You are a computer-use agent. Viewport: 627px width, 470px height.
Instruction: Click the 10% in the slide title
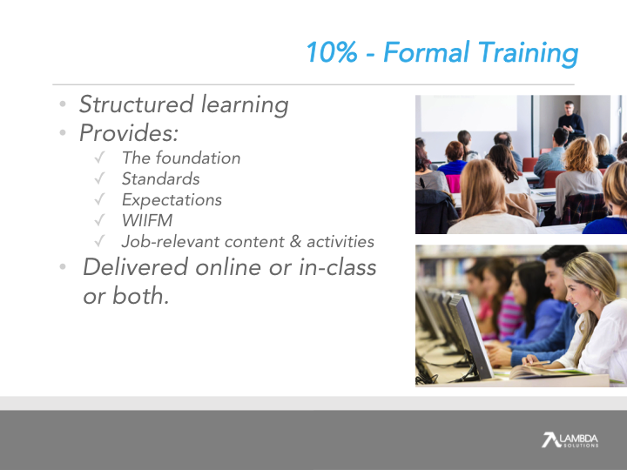(332, 52)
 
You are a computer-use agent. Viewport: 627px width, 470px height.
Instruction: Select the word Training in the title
(529, 53)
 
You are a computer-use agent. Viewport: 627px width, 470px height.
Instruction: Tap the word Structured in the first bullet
(137, 104)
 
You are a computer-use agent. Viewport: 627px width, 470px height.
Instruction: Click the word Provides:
(129, 132)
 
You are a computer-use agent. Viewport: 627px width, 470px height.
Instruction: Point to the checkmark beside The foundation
(99, 158)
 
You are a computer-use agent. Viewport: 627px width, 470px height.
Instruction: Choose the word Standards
(161, 179)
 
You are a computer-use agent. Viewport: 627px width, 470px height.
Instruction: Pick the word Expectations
(172, 200)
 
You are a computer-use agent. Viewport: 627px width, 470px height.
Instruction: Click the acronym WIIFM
(147, 220)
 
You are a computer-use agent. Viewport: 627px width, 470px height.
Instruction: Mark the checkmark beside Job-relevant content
(99, 241)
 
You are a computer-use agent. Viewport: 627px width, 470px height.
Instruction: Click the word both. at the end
(141, 296)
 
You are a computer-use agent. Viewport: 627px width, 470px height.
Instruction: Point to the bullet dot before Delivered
(63, 266)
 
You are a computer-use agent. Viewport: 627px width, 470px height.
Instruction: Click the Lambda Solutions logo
(570, 440)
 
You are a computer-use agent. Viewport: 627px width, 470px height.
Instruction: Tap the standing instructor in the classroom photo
(570, 122)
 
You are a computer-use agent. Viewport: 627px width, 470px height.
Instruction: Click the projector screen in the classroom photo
(469, 113)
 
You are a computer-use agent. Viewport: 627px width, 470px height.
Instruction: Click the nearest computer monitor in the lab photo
(471, 337)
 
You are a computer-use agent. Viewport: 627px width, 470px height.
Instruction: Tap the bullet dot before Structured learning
(63, 104)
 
